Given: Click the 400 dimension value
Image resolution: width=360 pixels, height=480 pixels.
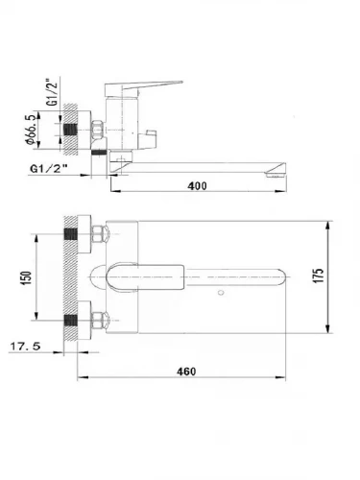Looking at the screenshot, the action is tap(197, 185).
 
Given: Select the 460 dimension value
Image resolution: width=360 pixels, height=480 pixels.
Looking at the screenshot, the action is tap(186, 372).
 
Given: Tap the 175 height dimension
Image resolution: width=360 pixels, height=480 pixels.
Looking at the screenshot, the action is tap(319, 276).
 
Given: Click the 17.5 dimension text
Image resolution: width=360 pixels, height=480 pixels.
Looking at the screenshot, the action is tap(26, 346).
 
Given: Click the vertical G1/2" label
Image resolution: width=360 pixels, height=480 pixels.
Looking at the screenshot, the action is tap(52, 91).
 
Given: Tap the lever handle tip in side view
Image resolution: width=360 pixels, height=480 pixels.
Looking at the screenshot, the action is tap(181, 82).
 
